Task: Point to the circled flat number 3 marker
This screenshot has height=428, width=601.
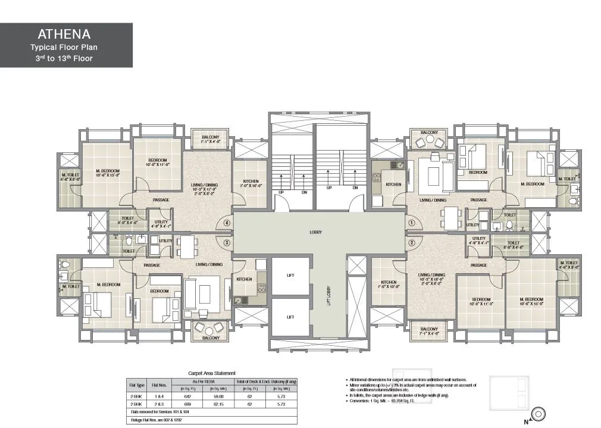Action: pyautogui.click(x=226, y=243)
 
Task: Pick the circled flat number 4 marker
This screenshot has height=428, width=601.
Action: pyautogui.click(x=226, y=223)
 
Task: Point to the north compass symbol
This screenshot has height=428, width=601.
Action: pyautogui.click(x=539, y=412)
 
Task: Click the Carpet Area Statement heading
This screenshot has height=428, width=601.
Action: pyautogui.click(x=212, y=373)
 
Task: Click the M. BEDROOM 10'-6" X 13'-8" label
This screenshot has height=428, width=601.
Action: pyautogui.click(x=108, y=173)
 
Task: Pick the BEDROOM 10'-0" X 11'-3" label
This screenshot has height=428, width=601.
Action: pyautogui.click(x=481, y=301)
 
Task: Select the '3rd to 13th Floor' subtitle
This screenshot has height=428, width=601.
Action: pyautogui.click(x=66, y=58)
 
